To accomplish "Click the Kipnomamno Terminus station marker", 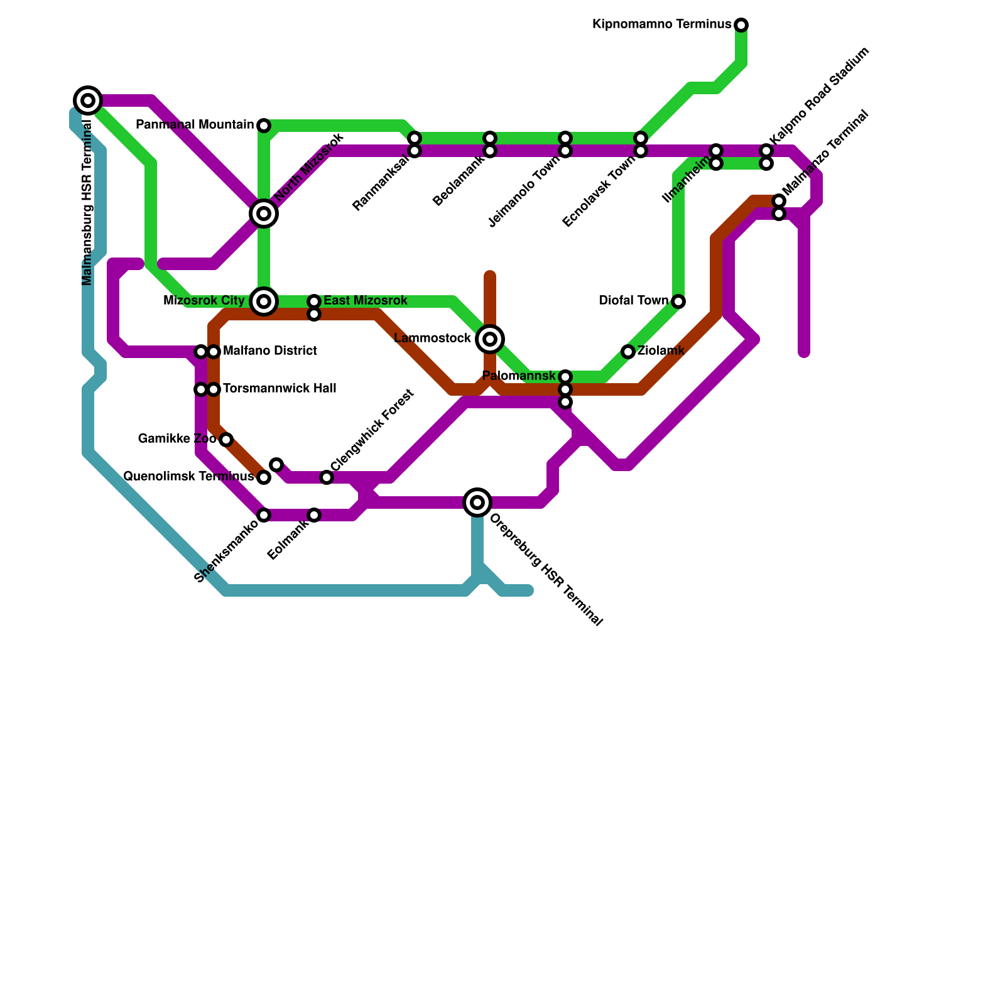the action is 741,25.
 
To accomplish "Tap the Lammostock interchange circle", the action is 490,339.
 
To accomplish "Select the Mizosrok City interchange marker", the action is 264,301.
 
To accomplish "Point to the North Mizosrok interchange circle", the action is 264,214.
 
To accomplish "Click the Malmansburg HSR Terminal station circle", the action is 88,100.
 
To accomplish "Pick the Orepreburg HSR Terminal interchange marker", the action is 477,503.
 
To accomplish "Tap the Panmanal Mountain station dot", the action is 264,126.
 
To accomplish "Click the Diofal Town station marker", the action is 678,301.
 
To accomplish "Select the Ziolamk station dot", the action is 628,352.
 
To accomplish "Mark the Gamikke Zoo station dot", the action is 226,440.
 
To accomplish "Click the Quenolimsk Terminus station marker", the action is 264,477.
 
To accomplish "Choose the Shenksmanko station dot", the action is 264,515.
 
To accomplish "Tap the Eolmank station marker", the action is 314,515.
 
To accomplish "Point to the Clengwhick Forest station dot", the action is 327,477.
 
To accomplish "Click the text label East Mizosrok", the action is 366,301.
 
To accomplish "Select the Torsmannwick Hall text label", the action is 280,389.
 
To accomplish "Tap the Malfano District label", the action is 269,350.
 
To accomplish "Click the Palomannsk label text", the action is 519,376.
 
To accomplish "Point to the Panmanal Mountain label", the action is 195,124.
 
